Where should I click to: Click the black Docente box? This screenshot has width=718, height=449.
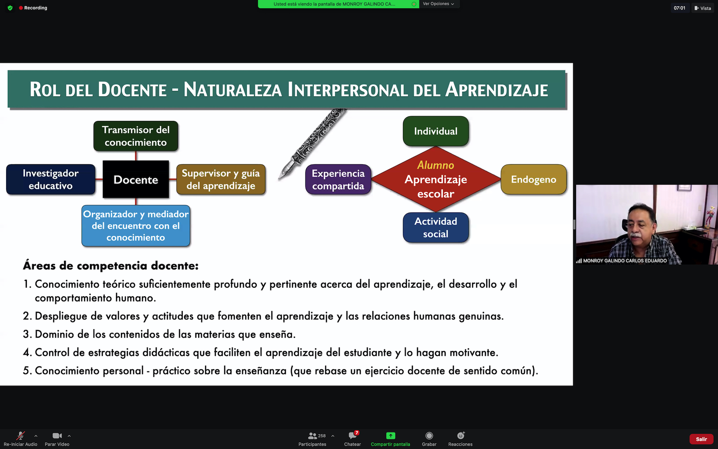click(136, 180)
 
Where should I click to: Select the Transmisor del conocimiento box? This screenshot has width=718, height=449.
click(136, 136)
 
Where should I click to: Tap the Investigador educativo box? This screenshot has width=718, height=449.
click(51, 180)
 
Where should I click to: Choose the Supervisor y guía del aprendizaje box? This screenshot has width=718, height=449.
click(221, 180)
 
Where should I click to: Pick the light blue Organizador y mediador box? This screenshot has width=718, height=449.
click(136, 226)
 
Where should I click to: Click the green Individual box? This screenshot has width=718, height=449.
click(436, 131)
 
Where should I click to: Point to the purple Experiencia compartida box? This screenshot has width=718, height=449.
click(338, 180)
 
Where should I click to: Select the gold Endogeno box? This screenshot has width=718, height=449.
click(534, 180)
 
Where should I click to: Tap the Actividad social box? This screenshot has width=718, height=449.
click(436, 227)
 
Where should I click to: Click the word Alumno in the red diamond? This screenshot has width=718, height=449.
click(436, 165)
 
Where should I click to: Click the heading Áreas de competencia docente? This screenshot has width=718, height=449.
click(111, 266)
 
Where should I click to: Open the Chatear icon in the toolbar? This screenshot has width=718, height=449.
click(352, 436)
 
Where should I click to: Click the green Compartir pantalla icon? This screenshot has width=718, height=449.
click(390, 436)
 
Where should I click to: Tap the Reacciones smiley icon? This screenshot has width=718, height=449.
click(461, 436)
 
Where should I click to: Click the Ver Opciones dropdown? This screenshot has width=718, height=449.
click(438, 4)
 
